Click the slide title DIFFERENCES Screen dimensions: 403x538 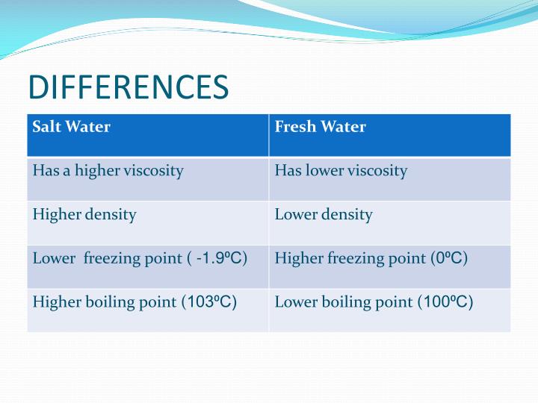click(x=128, y=87)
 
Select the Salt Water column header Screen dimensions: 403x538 click(x=72, y=127)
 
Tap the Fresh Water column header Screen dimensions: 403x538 click(x=320, y=127)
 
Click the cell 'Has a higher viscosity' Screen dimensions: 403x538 click(x=108, y=171)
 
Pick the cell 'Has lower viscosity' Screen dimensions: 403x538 click(x=341, y=171)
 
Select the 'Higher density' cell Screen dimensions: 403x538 click(x=84, y=215)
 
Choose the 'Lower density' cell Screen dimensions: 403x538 click(x=323, y=215)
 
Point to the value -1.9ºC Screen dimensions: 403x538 click(x=219, y=259)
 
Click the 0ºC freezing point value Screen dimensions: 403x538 click(x=451, y=259)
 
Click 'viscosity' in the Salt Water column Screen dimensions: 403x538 click(x=154, y=171)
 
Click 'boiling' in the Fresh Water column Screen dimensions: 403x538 click(x=339, y=302)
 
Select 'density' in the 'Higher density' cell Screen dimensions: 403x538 click(x=111, y=215)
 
